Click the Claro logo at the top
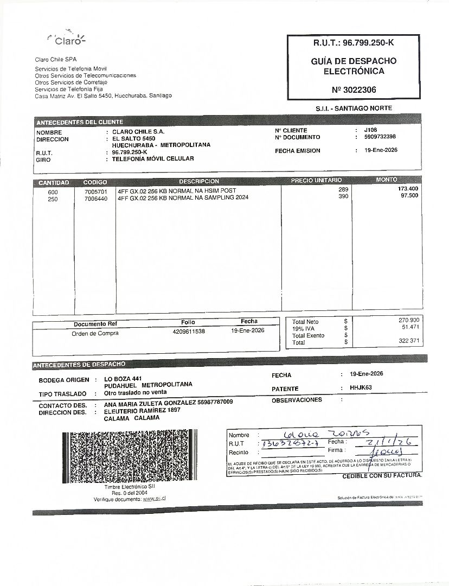67,39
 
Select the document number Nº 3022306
354,90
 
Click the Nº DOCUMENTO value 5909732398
380,137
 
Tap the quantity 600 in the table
53,192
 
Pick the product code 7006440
96,199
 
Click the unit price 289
343,189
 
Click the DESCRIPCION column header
199,181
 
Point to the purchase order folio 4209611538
189,330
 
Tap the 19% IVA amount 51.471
410,327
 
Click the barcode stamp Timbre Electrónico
126,456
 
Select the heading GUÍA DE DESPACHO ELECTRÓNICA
354,66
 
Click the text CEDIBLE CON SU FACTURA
382,476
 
